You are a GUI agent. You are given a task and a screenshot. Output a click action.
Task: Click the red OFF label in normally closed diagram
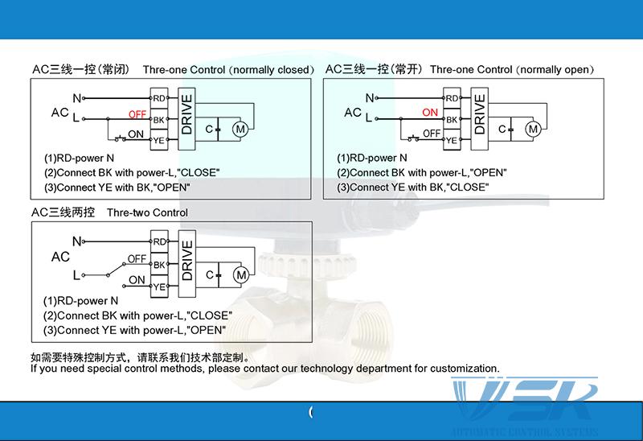137,115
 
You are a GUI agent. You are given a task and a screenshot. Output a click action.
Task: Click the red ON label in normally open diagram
430,113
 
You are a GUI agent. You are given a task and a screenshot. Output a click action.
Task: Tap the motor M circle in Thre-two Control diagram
240,275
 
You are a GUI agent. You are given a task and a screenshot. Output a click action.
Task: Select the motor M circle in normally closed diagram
240,128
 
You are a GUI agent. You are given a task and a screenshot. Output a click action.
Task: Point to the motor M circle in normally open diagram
532,129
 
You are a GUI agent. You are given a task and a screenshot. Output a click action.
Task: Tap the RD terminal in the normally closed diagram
159,98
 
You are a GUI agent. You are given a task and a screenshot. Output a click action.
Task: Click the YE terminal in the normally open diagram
452,140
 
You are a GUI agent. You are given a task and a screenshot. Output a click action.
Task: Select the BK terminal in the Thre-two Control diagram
159,264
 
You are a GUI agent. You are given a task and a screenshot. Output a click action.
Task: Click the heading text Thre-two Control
147,213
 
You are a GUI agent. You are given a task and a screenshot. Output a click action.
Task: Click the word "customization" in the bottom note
465,369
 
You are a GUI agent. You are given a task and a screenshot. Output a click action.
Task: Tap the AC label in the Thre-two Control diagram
60,258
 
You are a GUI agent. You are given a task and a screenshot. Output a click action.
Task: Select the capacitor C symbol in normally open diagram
505,129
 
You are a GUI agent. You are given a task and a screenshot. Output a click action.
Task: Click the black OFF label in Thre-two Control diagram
137,259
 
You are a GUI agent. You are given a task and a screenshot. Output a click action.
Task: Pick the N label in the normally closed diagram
77,98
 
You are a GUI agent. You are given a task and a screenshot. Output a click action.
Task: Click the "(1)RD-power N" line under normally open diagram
371,159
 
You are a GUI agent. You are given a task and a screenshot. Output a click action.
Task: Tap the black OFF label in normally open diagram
432,134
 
